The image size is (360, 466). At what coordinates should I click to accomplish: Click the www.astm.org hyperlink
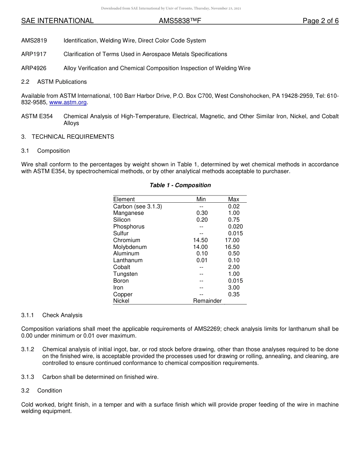tap(68, 103)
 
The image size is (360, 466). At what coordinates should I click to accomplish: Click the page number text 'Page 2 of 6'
tap(320, 21)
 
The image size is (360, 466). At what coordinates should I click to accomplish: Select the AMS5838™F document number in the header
tap(180, 21)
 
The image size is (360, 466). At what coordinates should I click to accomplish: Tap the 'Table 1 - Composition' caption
tap(180, 185)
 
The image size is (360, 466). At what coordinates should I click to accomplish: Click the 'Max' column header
tap(233, 199)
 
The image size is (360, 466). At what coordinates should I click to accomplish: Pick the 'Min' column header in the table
tap(201, 199)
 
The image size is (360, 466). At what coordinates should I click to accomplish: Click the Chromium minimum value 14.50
tap(200, 240)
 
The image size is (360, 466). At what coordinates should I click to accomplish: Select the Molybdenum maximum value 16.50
tap(232, 247)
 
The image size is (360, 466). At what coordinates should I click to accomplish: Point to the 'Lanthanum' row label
tap(128, 260)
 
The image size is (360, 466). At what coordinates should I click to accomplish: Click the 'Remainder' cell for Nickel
tap(207, 301)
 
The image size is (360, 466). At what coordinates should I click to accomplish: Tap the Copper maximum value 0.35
tap(234, 294)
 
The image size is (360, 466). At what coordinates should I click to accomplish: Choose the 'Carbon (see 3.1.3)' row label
tap(137, 206)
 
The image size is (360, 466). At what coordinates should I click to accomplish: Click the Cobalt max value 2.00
tap(234, 267)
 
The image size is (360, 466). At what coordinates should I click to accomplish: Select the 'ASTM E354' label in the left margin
tap(37, 116)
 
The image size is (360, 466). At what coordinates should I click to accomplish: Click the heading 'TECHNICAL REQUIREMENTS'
tap(73, 137)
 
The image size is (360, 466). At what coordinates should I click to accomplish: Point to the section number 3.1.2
tap(28, 349)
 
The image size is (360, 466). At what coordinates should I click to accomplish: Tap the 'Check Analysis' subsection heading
tap(62, 315)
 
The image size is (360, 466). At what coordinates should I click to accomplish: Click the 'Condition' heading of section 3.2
tap(50, 391)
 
